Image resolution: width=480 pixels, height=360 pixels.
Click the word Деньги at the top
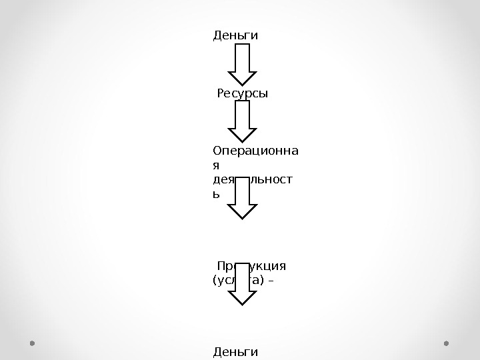[x=235, y=35]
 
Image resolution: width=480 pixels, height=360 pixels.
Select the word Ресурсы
[x=242, y=94]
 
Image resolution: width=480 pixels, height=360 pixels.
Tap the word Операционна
[x=256, y=151]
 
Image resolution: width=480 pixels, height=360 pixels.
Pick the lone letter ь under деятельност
[x=216, y=194]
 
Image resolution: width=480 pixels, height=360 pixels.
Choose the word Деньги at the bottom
[x=235, y=351]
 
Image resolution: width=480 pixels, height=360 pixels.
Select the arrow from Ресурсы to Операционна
[x=243, y=121]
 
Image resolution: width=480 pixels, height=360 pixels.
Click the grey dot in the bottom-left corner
[x=32, y=343]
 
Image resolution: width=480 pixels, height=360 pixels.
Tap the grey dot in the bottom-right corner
[x=447, y=343]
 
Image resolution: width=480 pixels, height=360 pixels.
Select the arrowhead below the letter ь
[x=243, y=211]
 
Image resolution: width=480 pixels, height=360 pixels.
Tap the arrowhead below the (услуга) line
[x=243, y=297]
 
